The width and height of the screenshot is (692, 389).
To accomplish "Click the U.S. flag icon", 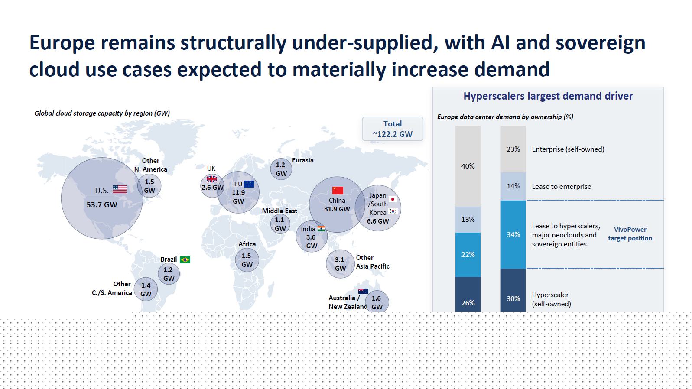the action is click(x=120, y=189).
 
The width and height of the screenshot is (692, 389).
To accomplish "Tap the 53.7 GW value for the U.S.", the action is click(x=102, y=205).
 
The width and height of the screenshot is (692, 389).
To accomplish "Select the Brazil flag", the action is click(x=185, y=259).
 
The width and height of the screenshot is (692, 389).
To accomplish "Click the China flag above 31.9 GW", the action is click(x=338, y=190).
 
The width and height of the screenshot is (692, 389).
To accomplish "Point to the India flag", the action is click(x=321, y=229).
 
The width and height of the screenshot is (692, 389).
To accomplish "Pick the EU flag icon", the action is click(x=249, y=184).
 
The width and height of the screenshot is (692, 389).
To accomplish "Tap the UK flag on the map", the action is click(x=211, y=179).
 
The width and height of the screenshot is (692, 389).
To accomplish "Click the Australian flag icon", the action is click(x=363, y=291).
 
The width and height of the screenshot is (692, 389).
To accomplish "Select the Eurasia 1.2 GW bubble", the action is click(x=281, y=169).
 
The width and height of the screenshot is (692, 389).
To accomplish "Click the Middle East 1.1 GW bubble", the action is click(x=280, y=224).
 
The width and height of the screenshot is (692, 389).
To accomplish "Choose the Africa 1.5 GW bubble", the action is click(x=247, y=260).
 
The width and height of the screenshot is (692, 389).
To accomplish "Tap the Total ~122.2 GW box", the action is click(x=393, y=129).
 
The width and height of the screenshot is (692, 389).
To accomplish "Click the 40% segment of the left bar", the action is click(x=468, y=166).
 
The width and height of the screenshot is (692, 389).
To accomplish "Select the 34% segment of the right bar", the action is click(x=513, y=235).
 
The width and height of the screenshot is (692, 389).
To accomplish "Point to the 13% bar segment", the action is click(x=468, y=220).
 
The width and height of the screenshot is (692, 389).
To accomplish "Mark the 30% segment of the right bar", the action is click(x=513, y=291).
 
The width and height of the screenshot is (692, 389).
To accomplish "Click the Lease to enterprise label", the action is click(x=561, y=186).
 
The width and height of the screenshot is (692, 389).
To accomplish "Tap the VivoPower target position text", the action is click(x=630, y=234).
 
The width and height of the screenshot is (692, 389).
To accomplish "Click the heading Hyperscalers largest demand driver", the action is click(x=548, y=96).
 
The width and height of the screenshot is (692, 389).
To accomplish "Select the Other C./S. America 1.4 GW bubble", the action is click(x=146, y=289).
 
